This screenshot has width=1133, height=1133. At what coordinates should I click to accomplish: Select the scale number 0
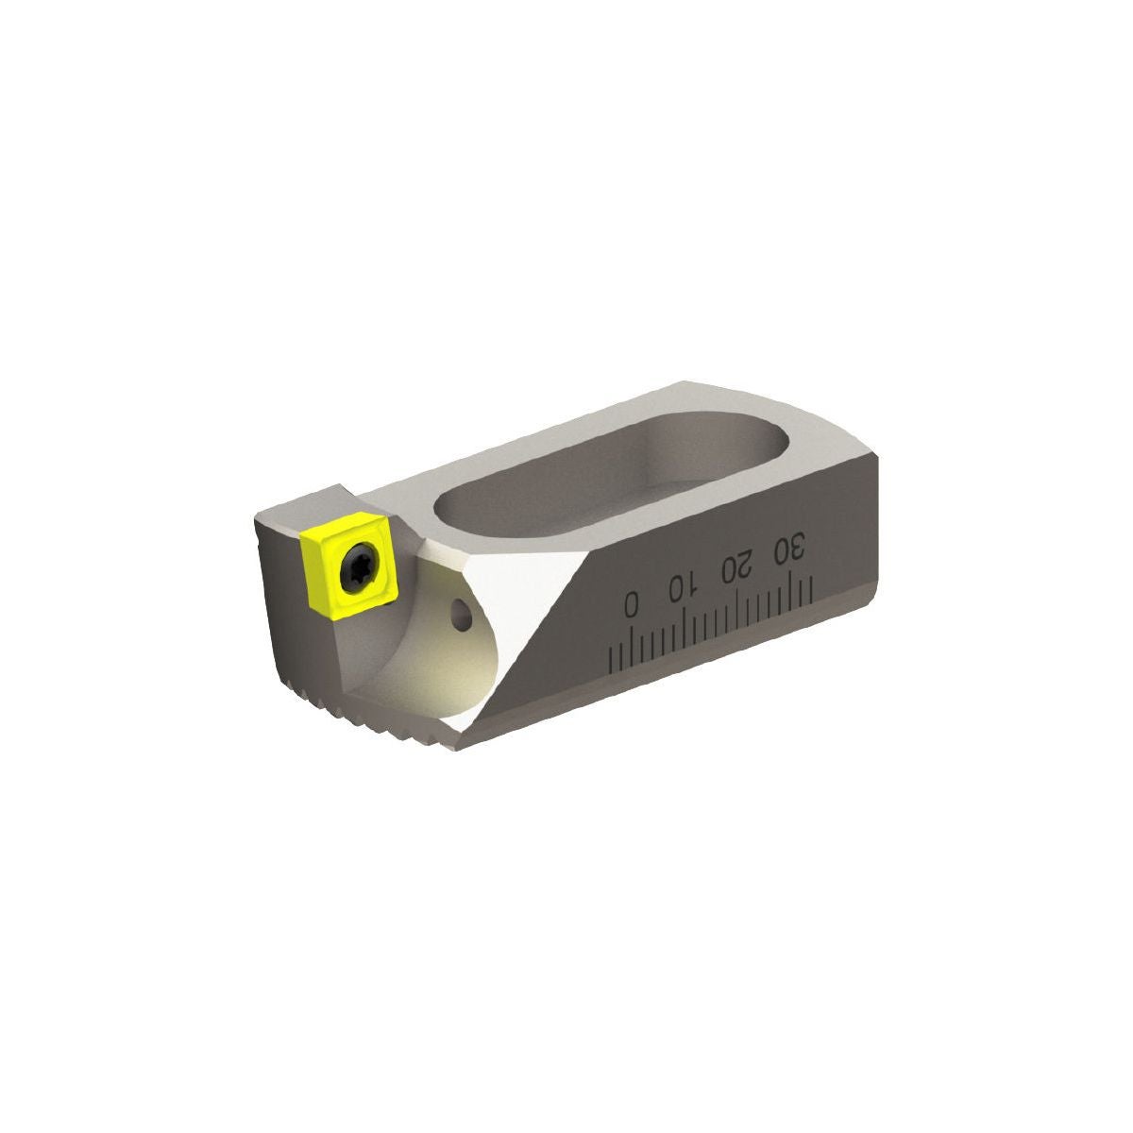[x=631, y=603]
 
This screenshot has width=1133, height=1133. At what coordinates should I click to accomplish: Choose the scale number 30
[x=788, y=550]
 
